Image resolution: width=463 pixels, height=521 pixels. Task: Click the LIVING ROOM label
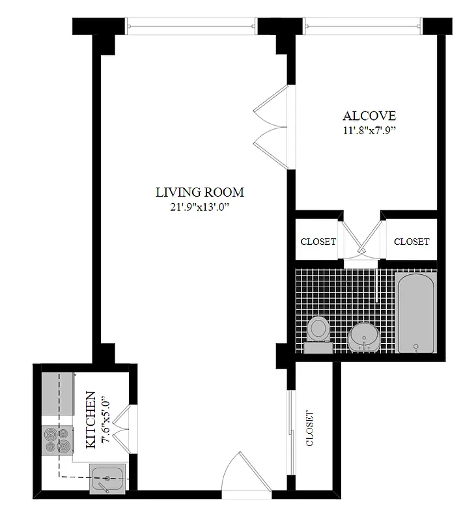pyautogui.click(x=199, y=192)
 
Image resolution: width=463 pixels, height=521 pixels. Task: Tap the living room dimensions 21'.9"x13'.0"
pyautogui.click(x=199, y=208)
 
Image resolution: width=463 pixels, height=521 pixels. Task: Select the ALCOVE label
pyautogui.click(x=369, y=116)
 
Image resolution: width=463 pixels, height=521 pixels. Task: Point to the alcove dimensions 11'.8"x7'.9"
pyautogui.click(x=369, y=130)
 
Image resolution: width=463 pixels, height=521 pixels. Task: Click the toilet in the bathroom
pyautogui.click(x=318, y=332)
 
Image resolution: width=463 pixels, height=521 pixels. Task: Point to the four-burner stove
pyautogui.click(x=57, y=440)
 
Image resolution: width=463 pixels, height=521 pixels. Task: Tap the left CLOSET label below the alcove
pyautogui.click(x=318, y=242)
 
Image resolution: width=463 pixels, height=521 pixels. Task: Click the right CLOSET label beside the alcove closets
pyautogui.click(x=412, y=242)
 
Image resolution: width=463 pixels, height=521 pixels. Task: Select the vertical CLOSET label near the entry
pyautogui.click(x=310, y=429)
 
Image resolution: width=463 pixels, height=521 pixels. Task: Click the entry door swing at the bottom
pyautogui.click(x=246, y=472)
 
